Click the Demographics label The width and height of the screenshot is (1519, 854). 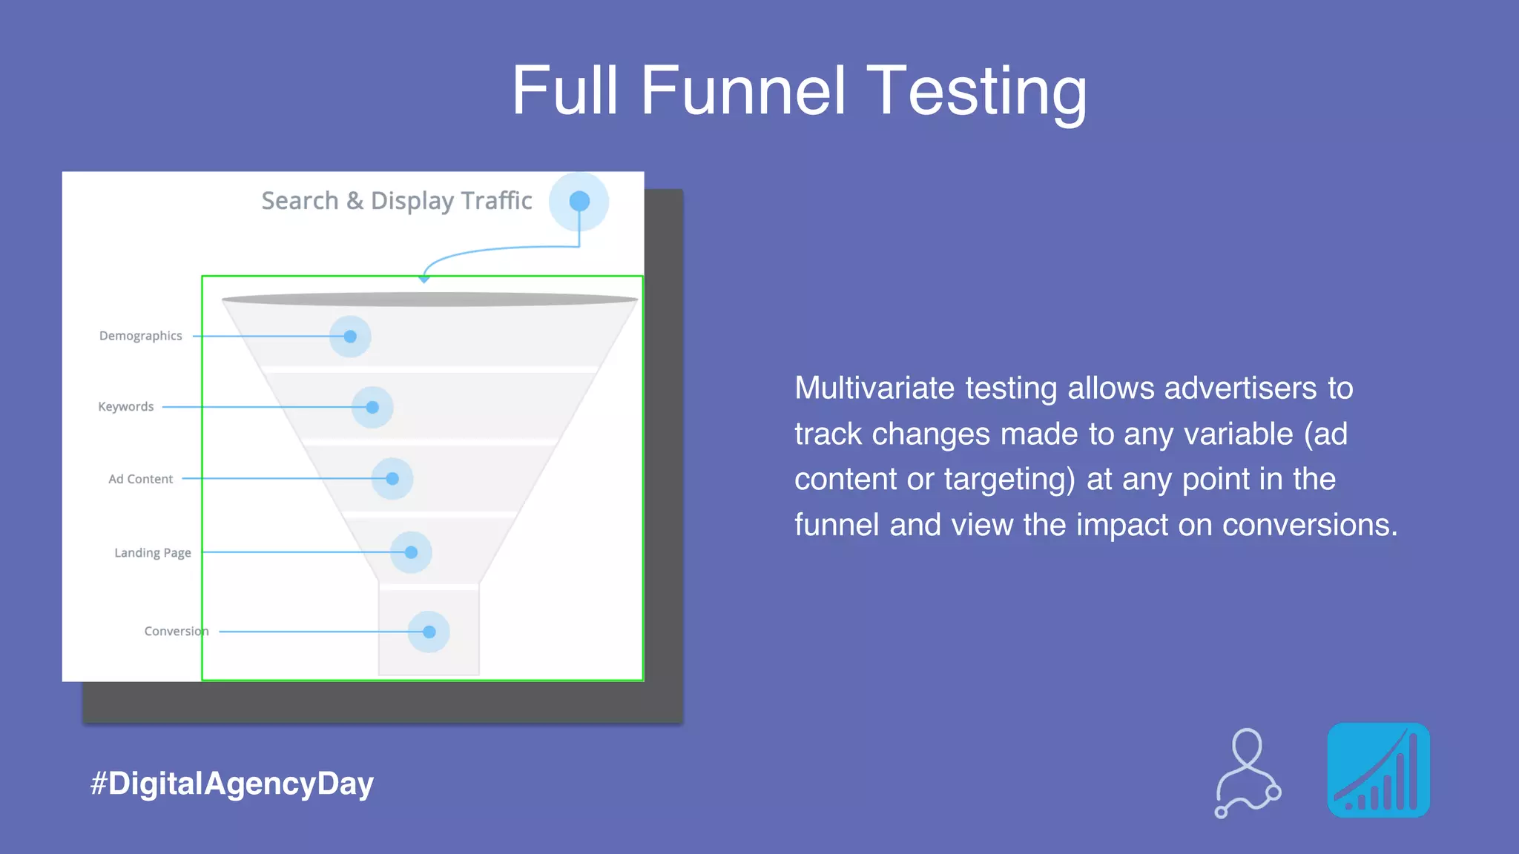click(140, 336)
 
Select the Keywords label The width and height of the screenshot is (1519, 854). click(125, 407)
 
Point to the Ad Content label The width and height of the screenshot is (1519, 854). click(140, 479)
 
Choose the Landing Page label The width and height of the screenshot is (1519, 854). click(152, 552)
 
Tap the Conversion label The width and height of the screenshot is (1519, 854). click(176, 631)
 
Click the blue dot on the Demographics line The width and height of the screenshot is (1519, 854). click(350, 337)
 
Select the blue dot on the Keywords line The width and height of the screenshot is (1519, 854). click(372, 407)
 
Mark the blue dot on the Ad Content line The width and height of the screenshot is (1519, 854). click(392, 479)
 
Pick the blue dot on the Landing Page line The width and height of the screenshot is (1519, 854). click(411, 552)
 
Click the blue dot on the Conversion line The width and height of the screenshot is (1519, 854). click(429, 632)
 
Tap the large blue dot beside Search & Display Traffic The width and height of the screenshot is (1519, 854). click(579, 201)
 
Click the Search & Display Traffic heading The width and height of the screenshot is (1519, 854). click(397, 201)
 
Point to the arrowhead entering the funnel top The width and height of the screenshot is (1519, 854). click(424, 278)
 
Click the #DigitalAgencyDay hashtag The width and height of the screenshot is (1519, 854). click(231, 784)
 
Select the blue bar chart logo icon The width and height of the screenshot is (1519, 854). click(1378, 770)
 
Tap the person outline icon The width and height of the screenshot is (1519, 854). click(1248, 772)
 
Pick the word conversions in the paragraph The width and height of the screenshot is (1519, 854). click(1309, 525)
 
